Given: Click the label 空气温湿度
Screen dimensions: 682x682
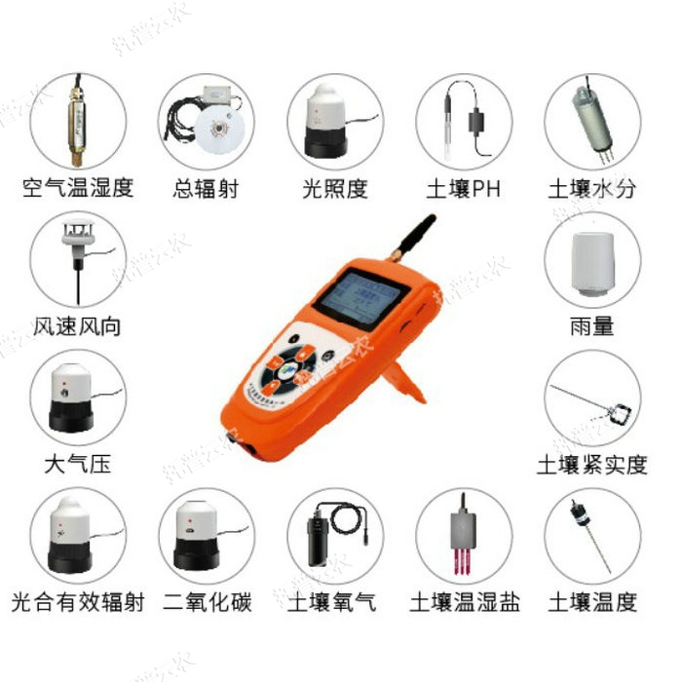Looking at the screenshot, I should pos(77,188).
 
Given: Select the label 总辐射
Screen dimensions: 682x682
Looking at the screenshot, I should pos(206,188).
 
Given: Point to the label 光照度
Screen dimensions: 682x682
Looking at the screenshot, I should pos(334,188).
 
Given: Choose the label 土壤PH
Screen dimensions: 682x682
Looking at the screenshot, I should pos(463,188).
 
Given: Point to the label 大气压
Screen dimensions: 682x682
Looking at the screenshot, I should pos(77,464).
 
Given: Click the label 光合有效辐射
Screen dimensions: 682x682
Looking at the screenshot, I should pos(77,602).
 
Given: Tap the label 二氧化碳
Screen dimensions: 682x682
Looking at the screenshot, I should pos(207,602).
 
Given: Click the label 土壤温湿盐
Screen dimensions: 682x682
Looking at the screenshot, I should pos(463,602).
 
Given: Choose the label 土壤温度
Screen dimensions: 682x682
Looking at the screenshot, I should pos(592,602).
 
